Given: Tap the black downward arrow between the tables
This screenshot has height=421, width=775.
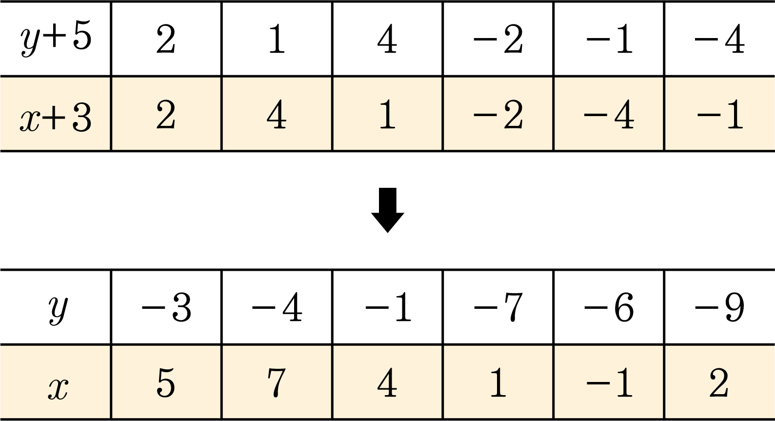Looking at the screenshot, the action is [x=387, y=210].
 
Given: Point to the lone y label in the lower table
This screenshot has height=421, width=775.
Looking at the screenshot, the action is [x=58, y=309].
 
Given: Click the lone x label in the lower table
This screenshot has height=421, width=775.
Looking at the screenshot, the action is [x=58, y=388].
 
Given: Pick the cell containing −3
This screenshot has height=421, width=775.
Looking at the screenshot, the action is [x=166, y=307].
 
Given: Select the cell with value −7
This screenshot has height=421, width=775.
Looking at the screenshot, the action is [x=498, y=307].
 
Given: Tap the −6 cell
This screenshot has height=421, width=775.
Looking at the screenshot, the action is [x=609, y=307].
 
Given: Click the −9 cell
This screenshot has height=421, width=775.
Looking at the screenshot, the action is [x=720, y=307].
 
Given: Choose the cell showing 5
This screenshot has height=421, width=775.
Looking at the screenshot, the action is [x=166, y=382].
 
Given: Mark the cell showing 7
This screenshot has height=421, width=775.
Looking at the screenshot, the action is [x=277, y=382].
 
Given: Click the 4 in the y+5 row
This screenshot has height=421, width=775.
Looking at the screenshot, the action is [x=387, y=39].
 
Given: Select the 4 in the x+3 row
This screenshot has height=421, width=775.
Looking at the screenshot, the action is [x=277, y=114].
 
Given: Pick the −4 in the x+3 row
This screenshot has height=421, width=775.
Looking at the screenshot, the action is [x=609, y=114].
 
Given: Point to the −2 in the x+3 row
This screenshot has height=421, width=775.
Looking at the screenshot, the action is [x=498, y=114].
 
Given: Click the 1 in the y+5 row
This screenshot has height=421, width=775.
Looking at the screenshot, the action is [x=277, y=39].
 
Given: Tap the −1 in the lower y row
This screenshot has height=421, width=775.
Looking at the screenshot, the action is [x=387, y=307].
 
